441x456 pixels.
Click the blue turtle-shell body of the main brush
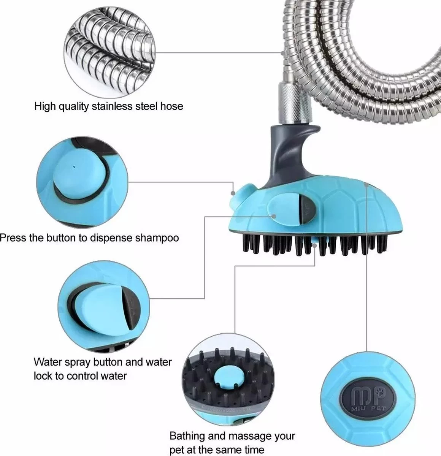pyautogui.click(x=342, y=207)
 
